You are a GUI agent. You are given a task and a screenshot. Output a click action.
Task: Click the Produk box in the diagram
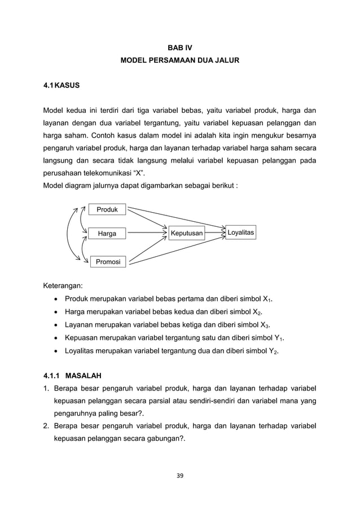tap(107, 210)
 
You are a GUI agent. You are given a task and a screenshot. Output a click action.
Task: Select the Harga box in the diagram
tap(107, 233)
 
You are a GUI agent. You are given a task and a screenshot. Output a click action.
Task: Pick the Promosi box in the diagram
tap(107, 261)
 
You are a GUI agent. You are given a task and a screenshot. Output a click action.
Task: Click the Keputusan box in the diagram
tap(187, 233)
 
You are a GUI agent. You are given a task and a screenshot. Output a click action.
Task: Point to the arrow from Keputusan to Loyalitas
tap(215, 232)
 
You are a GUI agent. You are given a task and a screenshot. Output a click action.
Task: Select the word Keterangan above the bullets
tap(64, 286)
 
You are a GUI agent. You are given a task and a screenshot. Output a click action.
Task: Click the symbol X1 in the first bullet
tap(274, 299)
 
